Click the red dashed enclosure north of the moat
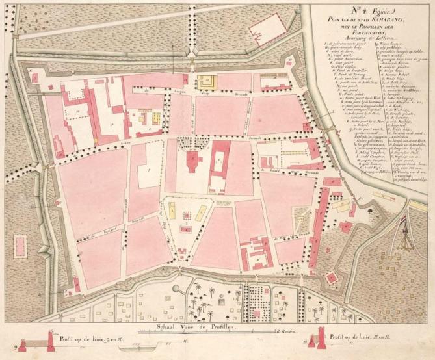pyautogui.click(x=265, y=29)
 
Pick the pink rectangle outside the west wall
pyautogui.click(x=20, y=246)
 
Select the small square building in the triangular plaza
pyautogui.click(x=187, y=214)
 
